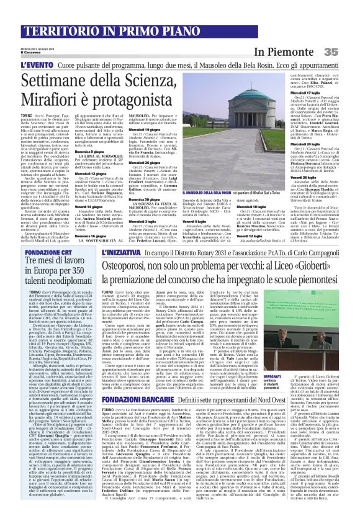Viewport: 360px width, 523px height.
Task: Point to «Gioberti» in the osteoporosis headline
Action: click(308, 266)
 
